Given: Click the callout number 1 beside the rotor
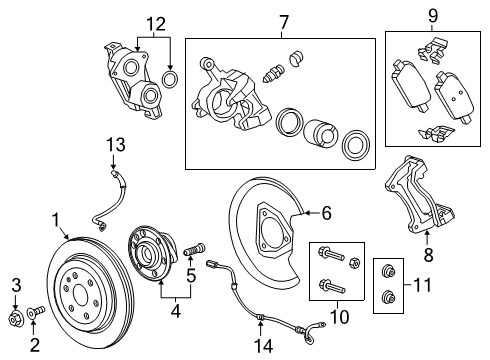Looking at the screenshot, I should (57, 219).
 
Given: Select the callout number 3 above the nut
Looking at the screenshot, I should (14, 288).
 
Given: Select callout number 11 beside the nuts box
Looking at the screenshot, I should (422, 287).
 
